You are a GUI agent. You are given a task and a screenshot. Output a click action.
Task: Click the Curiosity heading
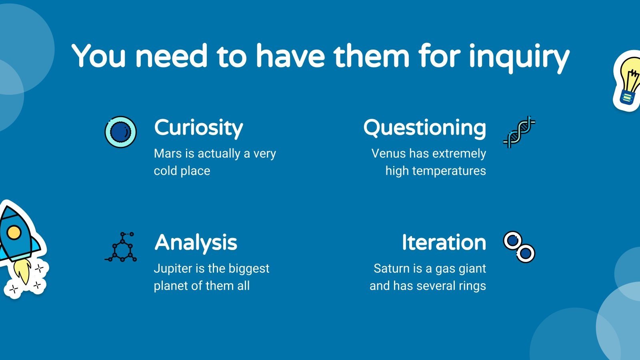198,128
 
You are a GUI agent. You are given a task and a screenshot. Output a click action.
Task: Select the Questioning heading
424,128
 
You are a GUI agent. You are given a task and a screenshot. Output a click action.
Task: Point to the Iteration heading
444,242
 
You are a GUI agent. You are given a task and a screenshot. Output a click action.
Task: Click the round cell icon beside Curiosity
120,132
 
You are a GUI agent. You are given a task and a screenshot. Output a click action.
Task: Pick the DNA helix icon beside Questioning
519,132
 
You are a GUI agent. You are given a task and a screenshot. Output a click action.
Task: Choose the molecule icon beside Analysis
120,247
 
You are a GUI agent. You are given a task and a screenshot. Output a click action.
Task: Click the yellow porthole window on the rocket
14,232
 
